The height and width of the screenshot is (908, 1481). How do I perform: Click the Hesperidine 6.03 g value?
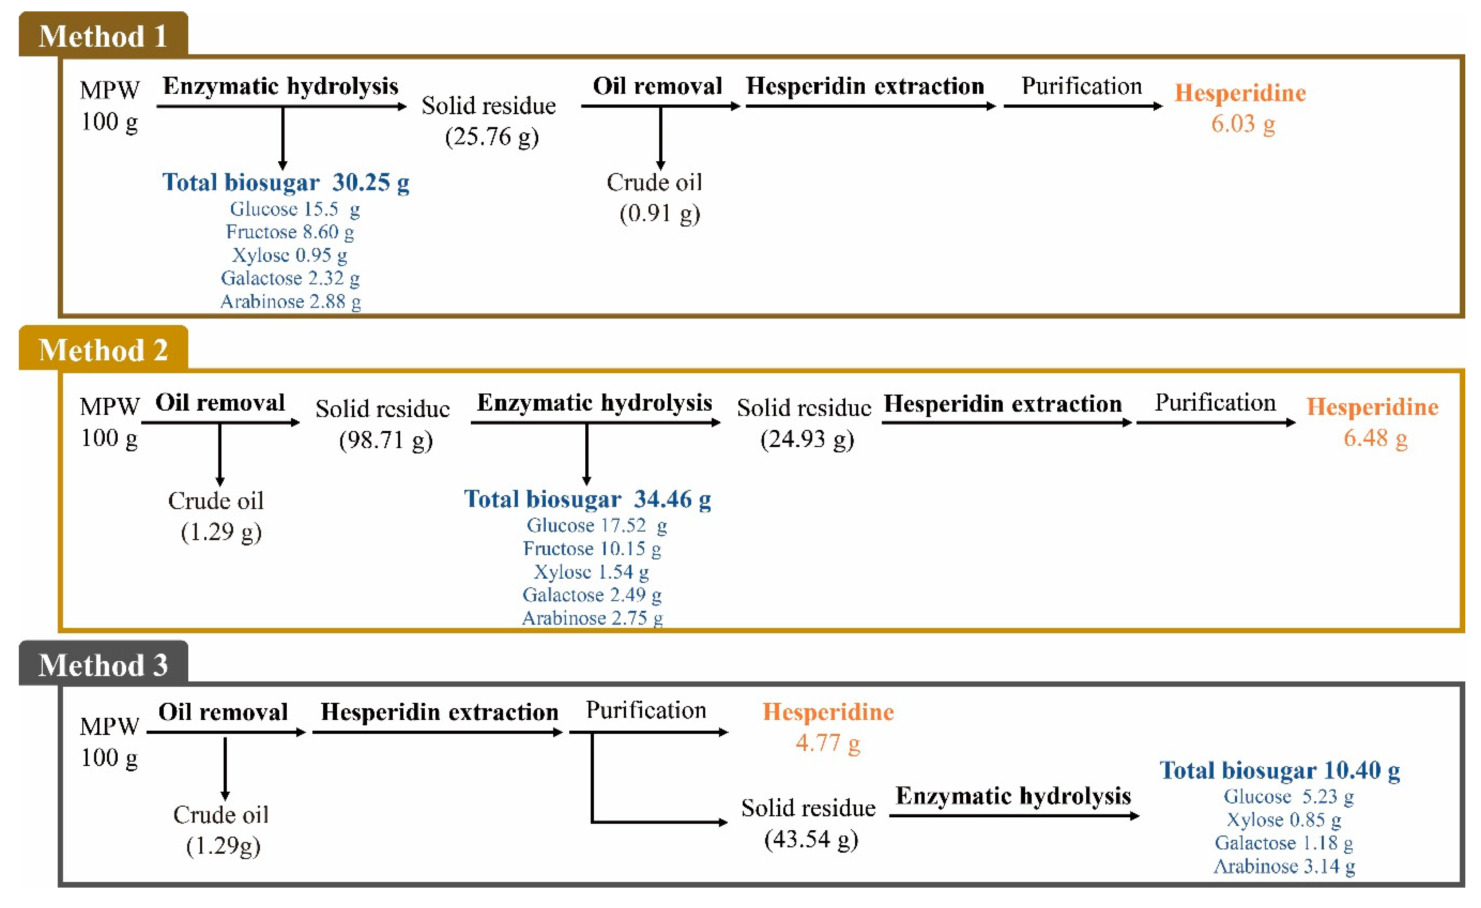point(1242,124)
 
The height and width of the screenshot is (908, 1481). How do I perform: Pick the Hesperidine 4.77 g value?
point(828,743)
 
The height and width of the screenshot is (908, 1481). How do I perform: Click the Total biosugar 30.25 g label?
point(286,182)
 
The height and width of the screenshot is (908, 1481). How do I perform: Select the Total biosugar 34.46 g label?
point(587,499)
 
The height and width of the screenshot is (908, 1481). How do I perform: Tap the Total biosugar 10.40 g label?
point(1280,770)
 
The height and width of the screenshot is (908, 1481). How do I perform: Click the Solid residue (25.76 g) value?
point(492,137)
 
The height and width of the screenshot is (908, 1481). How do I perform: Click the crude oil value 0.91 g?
point(659,214)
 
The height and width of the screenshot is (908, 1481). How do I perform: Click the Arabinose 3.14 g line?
point(1284,866)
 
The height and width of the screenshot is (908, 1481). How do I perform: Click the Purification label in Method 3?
point(646,710)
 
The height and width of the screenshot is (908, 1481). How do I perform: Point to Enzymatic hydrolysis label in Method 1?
point(280,86)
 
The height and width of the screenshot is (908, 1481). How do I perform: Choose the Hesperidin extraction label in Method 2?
point(1002,404)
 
